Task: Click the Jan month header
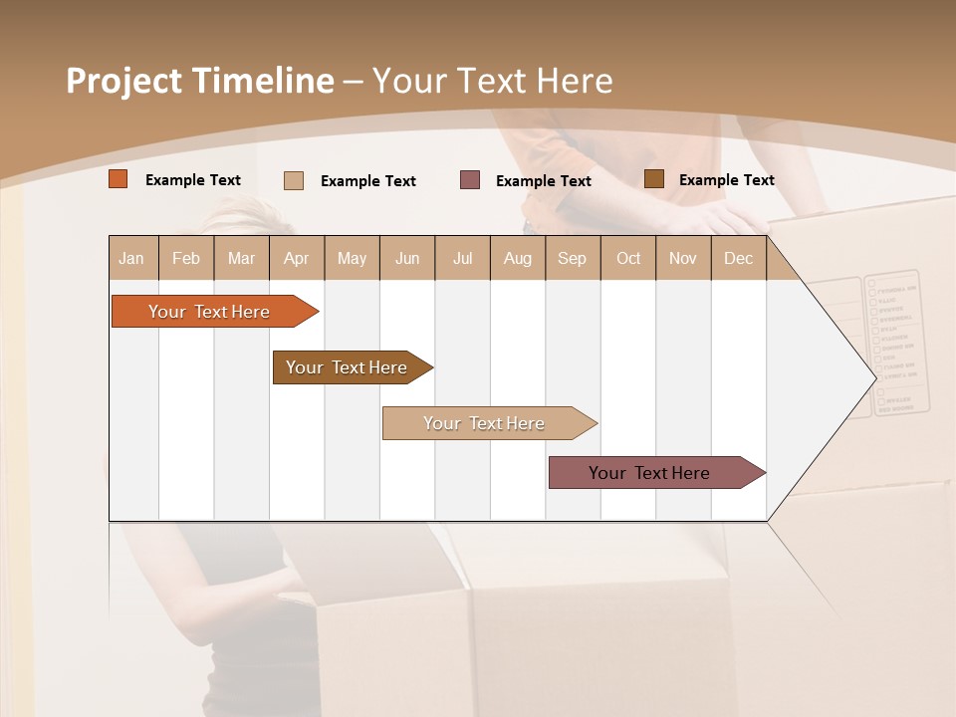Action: point(132,258)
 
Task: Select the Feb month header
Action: point(186,258)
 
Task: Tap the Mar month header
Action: point(241,258)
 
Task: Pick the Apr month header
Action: point(297,258)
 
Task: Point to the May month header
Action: point(352,258)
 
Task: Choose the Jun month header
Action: point(407,258)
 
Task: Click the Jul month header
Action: point(462,258)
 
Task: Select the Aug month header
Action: point(518,258)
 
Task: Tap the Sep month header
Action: point(573,258)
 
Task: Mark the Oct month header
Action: point(628,258)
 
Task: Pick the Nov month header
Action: point(683,258)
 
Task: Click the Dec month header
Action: point(738,258)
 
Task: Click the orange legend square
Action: point(119,179)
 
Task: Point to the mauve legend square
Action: point(470,179)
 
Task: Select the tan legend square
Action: point(294,180)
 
